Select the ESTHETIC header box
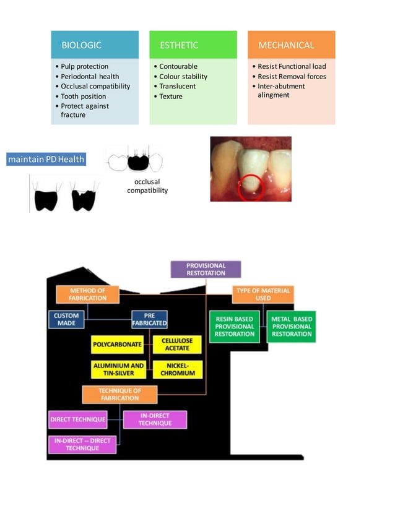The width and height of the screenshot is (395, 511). (193, 45)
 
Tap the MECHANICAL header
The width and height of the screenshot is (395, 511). (291, 45)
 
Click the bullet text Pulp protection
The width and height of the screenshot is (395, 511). (84, 66)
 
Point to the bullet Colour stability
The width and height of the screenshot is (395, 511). (183, 77)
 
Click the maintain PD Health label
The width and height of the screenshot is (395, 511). (46, 160)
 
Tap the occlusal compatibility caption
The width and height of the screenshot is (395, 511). (147, 186)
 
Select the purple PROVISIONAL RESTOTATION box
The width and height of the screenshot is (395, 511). (206, 269)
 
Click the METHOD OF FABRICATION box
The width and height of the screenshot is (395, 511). (87, 294)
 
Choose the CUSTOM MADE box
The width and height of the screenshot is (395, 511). (66, 319)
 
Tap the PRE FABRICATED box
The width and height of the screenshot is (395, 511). (149, 319)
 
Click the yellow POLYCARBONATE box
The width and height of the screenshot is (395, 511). (117, 344)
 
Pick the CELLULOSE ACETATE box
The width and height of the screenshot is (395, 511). (177, 344)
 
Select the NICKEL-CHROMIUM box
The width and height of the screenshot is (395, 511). (177, 369)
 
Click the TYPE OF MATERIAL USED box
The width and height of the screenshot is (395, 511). (263, 294)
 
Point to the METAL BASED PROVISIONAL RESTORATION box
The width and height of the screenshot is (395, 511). (292, 326)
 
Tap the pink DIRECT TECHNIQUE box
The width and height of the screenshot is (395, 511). (77, 419)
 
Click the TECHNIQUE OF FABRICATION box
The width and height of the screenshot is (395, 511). (119, 395)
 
